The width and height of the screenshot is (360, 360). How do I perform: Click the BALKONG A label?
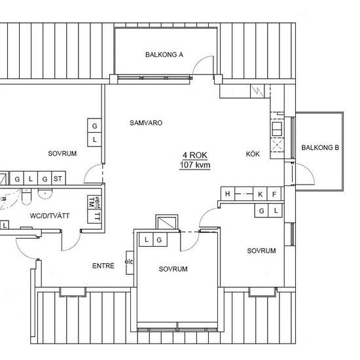[x=164, y=54]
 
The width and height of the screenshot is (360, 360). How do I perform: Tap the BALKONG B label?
[x=320, y=148]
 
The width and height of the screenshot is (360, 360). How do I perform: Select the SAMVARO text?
[x=146, y=123]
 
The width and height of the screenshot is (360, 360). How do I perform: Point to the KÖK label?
[x=253, y=154]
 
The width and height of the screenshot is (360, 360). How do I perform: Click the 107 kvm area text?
[x=195, y=165]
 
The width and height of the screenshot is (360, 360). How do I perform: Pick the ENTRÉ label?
[x=103, y=266]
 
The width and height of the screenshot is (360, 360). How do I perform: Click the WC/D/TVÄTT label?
[x=50, y=216]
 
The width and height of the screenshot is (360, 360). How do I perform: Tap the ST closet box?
[x=58, y=178]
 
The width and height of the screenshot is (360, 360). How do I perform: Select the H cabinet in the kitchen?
[x=228, y=194]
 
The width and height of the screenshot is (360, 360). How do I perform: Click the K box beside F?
[x=260, y=194]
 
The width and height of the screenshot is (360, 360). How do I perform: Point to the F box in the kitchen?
[x=274, y=194]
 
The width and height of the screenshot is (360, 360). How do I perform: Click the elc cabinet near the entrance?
[x=130, y=262]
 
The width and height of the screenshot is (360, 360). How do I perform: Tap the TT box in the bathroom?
[x=94, y=216]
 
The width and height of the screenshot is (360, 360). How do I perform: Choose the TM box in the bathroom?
[x=92, y=202]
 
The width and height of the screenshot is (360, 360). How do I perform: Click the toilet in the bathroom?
[x=26, y=197]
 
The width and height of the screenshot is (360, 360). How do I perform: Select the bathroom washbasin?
[x=45, y=194]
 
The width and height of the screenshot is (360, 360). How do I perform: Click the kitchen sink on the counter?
[x=277, y=129]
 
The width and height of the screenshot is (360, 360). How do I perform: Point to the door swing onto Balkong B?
[x=306, y=172]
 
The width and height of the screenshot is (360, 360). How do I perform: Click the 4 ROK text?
[x=195, y=155]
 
